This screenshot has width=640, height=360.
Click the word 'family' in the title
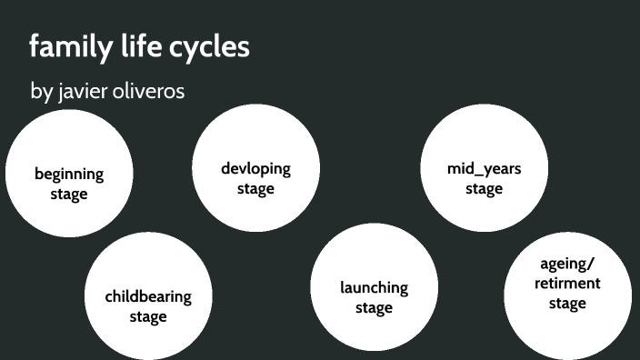(x=65, y=47)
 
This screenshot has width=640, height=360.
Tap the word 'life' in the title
(x=133, y=46)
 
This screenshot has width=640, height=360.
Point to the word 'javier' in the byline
(x=82, y=92)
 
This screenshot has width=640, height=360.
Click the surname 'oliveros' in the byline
(x=149, y=92)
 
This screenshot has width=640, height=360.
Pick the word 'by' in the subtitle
(x=41, y=93)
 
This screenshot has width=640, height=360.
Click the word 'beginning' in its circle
(x=69, y=174)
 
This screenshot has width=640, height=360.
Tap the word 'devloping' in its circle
(x=255, y=168)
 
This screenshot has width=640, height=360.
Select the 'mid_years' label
(x=484, y=168)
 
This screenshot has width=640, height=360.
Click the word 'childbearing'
(x=147, y=296)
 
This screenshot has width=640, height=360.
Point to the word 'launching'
(x=374, y=287)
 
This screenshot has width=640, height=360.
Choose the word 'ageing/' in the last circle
(x=566, y=264)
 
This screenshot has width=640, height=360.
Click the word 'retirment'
(x=566, y=283)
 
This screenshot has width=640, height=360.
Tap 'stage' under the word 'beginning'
(x=69, y=194)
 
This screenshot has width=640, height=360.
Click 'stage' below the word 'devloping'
(x=255, y=188)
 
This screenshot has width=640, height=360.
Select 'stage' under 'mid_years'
(x=484, y=188)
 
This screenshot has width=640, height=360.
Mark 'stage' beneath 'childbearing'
(x=147, y=316)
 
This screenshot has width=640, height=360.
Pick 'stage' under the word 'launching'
(x=374, y=307)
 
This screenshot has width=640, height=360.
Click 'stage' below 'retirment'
(x=566, y=303)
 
